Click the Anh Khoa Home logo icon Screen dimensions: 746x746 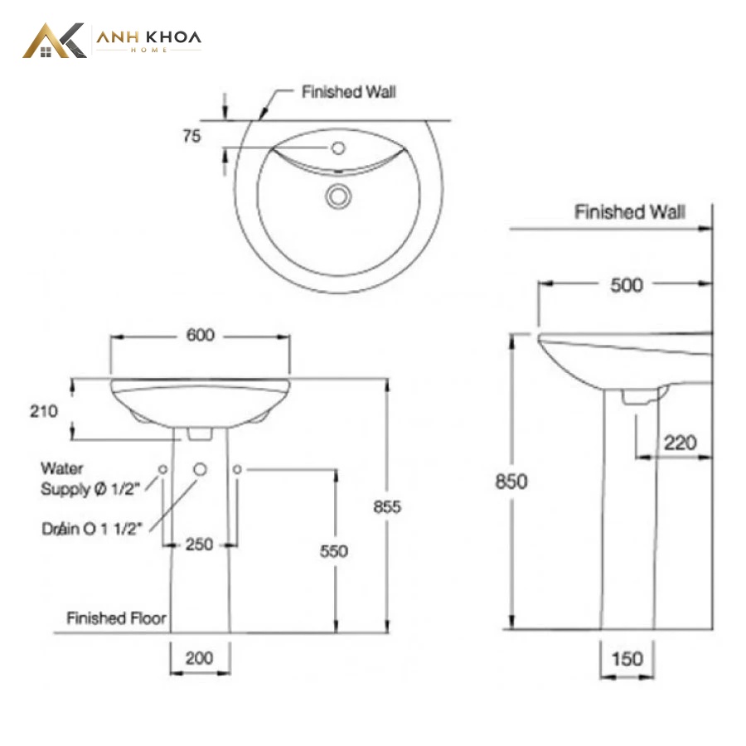tap(54, 41)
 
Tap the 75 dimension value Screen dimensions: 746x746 tap(191, 136)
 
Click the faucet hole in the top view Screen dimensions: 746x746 tap(338, 148)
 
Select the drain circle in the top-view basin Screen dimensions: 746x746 tap(338, 196)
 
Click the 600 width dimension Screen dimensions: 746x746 tap(201, 336)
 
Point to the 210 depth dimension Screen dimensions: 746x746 tap(44, 411)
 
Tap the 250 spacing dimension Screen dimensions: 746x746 tap(199, 545)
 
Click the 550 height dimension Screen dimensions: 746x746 tap(334, 551)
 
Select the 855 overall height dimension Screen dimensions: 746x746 tap(387, 506)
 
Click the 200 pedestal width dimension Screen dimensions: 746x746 tap(199, 658)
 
